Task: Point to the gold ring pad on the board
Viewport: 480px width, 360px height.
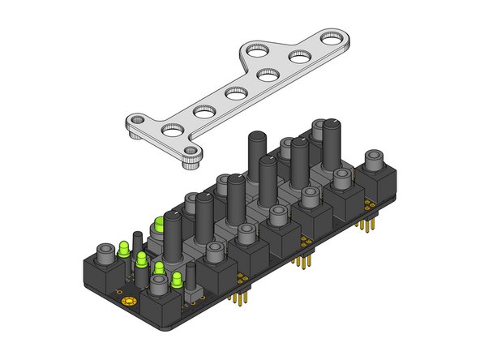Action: (126, 302)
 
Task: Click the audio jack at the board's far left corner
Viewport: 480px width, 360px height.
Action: (105, 258)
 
